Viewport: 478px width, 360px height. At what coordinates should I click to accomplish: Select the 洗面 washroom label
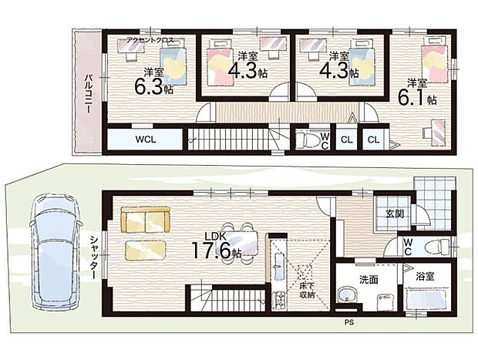tap(368, 278)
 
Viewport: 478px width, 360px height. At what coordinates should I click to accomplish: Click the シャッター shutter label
tap(93, 255)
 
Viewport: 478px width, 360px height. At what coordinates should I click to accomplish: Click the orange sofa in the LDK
tap(145, 220)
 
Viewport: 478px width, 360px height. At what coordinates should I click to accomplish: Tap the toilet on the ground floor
tap(436, 247)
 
